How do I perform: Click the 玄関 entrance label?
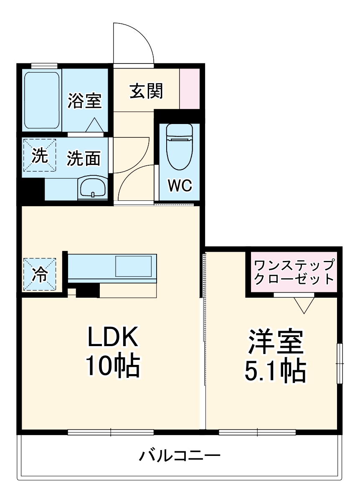point(146,91)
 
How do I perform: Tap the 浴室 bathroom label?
point(85,101)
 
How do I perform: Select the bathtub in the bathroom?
point(42,101)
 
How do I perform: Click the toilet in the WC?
point(180,147)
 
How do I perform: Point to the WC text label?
point(180,185)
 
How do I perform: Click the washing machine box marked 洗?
point(40,155)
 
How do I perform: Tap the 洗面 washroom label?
point(84,158)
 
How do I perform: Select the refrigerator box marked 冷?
point(40,274)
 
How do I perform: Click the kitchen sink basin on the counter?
point(134,266)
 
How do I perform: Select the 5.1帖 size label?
point(275,370)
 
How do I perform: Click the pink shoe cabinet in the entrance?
point(190,89)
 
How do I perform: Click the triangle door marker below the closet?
point(304,305)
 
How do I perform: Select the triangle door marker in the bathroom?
point(94,125)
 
